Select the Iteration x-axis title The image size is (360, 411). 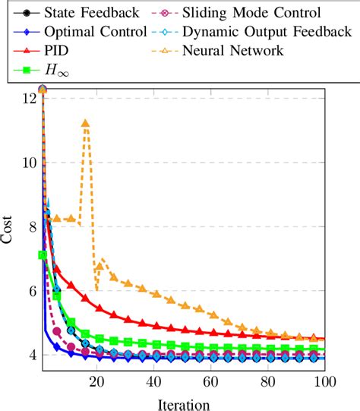click(x=182, y=403)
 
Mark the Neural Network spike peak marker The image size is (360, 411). click(x=85, y=123)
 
